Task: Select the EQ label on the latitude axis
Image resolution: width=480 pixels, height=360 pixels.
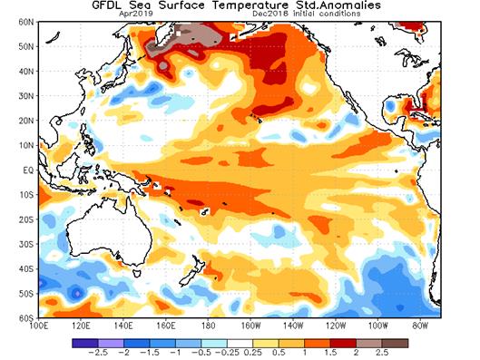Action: pyautogui.click(x=25, y=170)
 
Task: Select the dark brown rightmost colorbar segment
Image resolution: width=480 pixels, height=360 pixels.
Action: pyautogui.click(x=398, y=342)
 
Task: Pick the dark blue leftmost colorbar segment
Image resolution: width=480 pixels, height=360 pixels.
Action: pyautogui.click(x=82, y=342)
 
